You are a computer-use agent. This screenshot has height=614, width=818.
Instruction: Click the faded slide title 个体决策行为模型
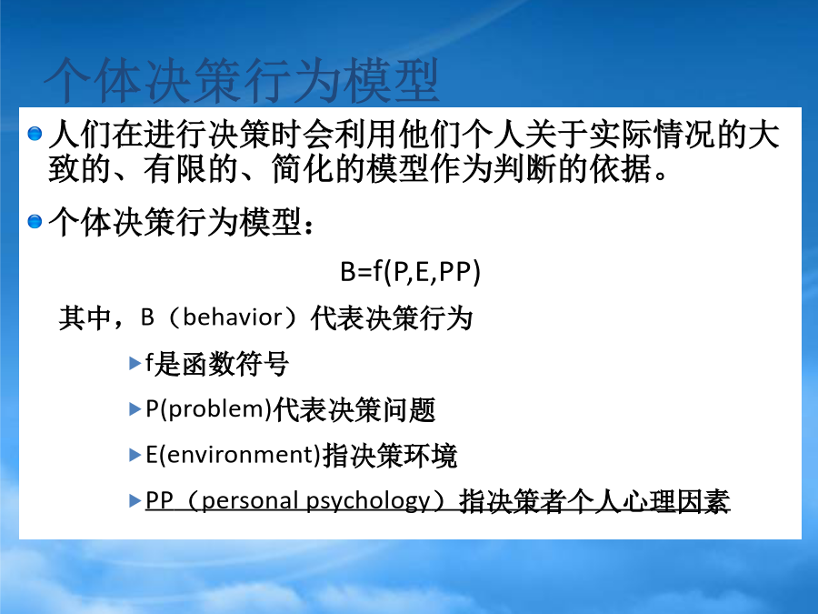coord(242,80)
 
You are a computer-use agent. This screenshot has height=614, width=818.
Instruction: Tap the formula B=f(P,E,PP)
coord(410,271)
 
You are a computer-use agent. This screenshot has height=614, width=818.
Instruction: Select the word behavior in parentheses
coord(232,317)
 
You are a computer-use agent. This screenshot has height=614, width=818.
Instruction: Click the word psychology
coord(368,500)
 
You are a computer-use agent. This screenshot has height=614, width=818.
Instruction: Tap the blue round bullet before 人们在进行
coord(35,134)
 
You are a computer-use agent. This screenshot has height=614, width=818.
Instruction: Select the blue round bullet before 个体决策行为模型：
coord(35,221)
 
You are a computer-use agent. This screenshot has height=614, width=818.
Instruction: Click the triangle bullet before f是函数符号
coord(135,363)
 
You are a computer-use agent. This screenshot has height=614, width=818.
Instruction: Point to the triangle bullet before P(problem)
coord(135,408)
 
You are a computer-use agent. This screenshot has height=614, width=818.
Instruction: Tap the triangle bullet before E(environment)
coord(135,455)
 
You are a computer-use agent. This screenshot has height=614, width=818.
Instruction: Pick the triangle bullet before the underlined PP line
coord(135,500)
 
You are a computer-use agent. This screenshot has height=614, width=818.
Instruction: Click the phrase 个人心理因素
coord(649,502)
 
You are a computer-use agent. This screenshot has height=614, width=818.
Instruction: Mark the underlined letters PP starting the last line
coord(159,500)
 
